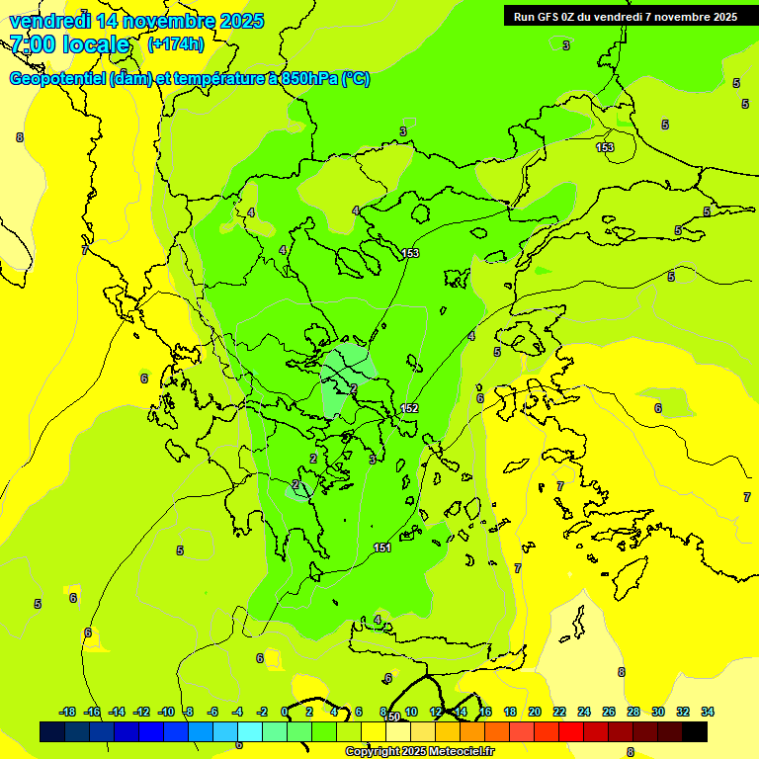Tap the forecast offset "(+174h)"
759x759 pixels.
coord(176,43)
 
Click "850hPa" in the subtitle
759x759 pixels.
coord(309,79)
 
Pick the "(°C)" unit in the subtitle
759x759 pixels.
coord(356,79)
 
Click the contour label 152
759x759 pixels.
coord(410,408)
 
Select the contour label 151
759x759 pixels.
coord(382,548)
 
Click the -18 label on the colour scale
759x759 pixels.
coord(68,712)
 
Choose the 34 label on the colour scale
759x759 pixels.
coord(708,712)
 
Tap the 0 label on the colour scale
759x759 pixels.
coord(285,712)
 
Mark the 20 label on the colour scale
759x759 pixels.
coord(535,712)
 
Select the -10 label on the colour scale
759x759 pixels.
coord(166,712)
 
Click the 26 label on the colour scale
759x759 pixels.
coord(609,712)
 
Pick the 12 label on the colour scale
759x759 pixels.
coord(436,712)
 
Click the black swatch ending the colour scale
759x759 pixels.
coord(695,731)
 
